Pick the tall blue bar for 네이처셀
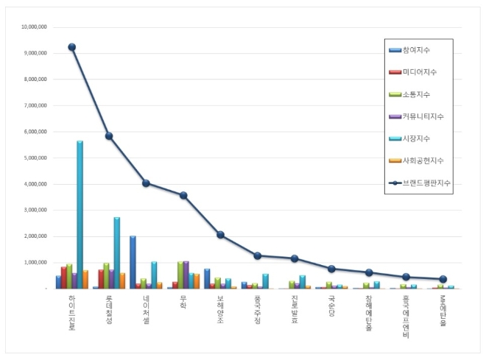tap(133, 262)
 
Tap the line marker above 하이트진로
tap(71, 47)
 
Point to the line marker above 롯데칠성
tap(109, 135)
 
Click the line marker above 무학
tap(183, 195)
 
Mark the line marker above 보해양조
tap(220, 235)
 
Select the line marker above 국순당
tap(331, 269)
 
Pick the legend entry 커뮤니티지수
tap(422, 116)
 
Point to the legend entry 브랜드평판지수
tap(426, 183)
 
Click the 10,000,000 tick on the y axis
tap(35, 27)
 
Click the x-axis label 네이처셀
tap(146, 309)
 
